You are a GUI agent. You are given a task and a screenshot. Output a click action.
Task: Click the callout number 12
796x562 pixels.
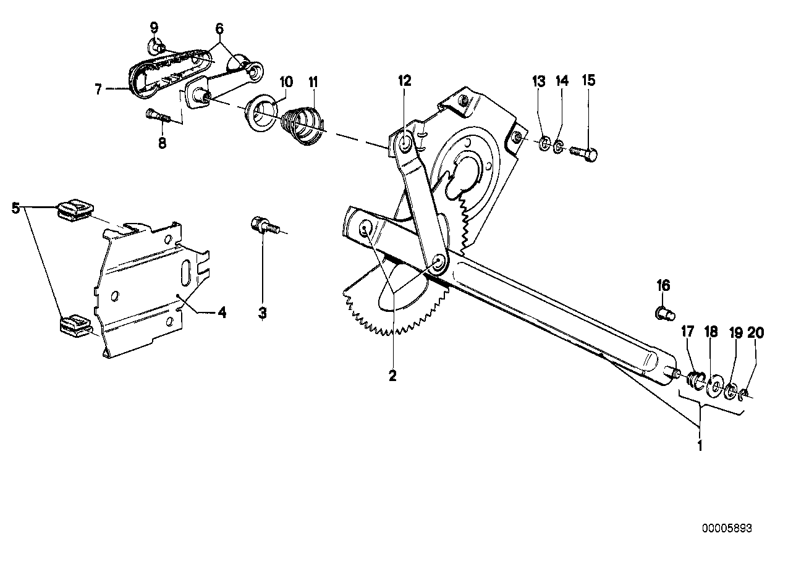[404, 80]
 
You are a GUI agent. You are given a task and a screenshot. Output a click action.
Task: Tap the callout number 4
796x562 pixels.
[221, 312]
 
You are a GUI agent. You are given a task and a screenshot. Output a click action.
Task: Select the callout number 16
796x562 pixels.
[663, 286]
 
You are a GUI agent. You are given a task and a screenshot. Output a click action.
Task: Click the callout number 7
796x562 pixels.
[98, 90]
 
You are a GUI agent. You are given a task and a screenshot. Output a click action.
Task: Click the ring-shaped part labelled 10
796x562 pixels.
[262, 110]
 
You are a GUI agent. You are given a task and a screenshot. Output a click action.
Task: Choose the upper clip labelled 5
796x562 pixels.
[73, 208]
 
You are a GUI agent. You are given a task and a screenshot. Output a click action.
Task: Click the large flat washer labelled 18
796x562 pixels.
[714, 386]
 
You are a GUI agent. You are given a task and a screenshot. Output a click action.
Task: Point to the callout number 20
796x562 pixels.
[755, 333]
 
